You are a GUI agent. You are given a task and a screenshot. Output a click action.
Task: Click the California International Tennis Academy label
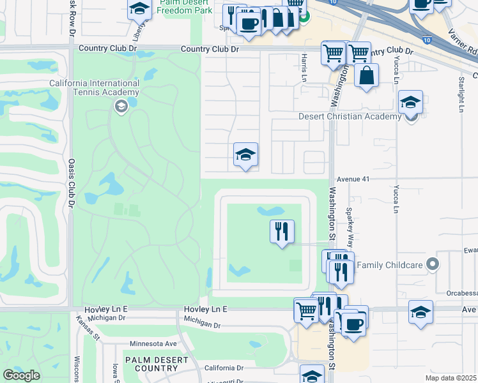click(x=95, y=88)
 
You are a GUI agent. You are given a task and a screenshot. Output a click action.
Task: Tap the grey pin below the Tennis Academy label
click(x=120, y=106)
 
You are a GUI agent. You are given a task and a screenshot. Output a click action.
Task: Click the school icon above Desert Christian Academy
click(x=410, y=101)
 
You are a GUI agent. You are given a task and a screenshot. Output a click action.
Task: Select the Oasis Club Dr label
click(x=71, y=181)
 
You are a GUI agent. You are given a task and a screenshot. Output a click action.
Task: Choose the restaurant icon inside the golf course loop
click(x=282, y=232)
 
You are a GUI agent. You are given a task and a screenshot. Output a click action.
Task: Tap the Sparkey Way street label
click(x=349, y=222)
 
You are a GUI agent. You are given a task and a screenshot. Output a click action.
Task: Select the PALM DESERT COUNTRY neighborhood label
click(x=151, y=364)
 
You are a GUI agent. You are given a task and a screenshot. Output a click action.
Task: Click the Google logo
click(x=21, y=375)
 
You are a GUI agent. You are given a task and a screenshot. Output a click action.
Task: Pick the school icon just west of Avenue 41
click(x=245, y=154)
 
